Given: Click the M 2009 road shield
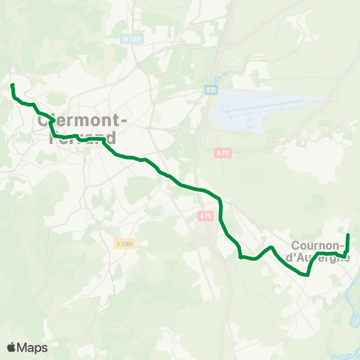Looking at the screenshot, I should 130,37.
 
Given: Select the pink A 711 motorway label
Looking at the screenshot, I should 222,153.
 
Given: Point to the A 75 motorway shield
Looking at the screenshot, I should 206,215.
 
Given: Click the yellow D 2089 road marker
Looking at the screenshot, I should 124,243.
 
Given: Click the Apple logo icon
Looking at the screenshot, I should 12,347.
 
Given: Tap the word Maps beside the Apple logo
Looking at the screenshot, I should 32,347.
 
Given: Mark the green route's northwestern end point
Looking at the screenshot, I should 13,85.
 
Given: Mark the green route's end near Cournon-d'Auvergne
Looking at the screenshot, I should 348,235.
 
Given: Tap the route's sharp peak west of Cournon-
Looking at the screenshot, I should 271,247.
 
